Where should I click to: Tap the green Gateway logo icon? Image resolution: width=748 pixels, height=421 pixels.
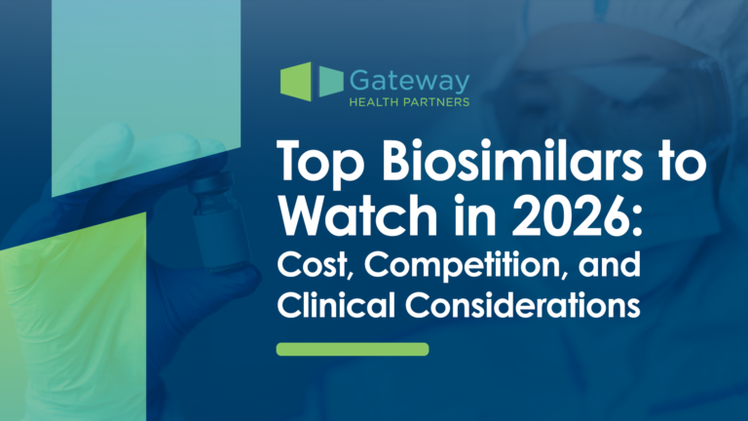[310, 82]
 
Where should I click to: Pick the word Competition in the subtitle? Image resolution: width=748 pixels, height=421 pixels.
[449, 264]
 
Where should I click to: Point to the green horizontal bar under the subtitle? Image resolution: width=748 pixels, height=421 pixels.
[353, 349]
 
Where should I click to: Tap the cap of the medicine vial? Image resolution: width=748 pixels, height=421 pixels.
[208, 185]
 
